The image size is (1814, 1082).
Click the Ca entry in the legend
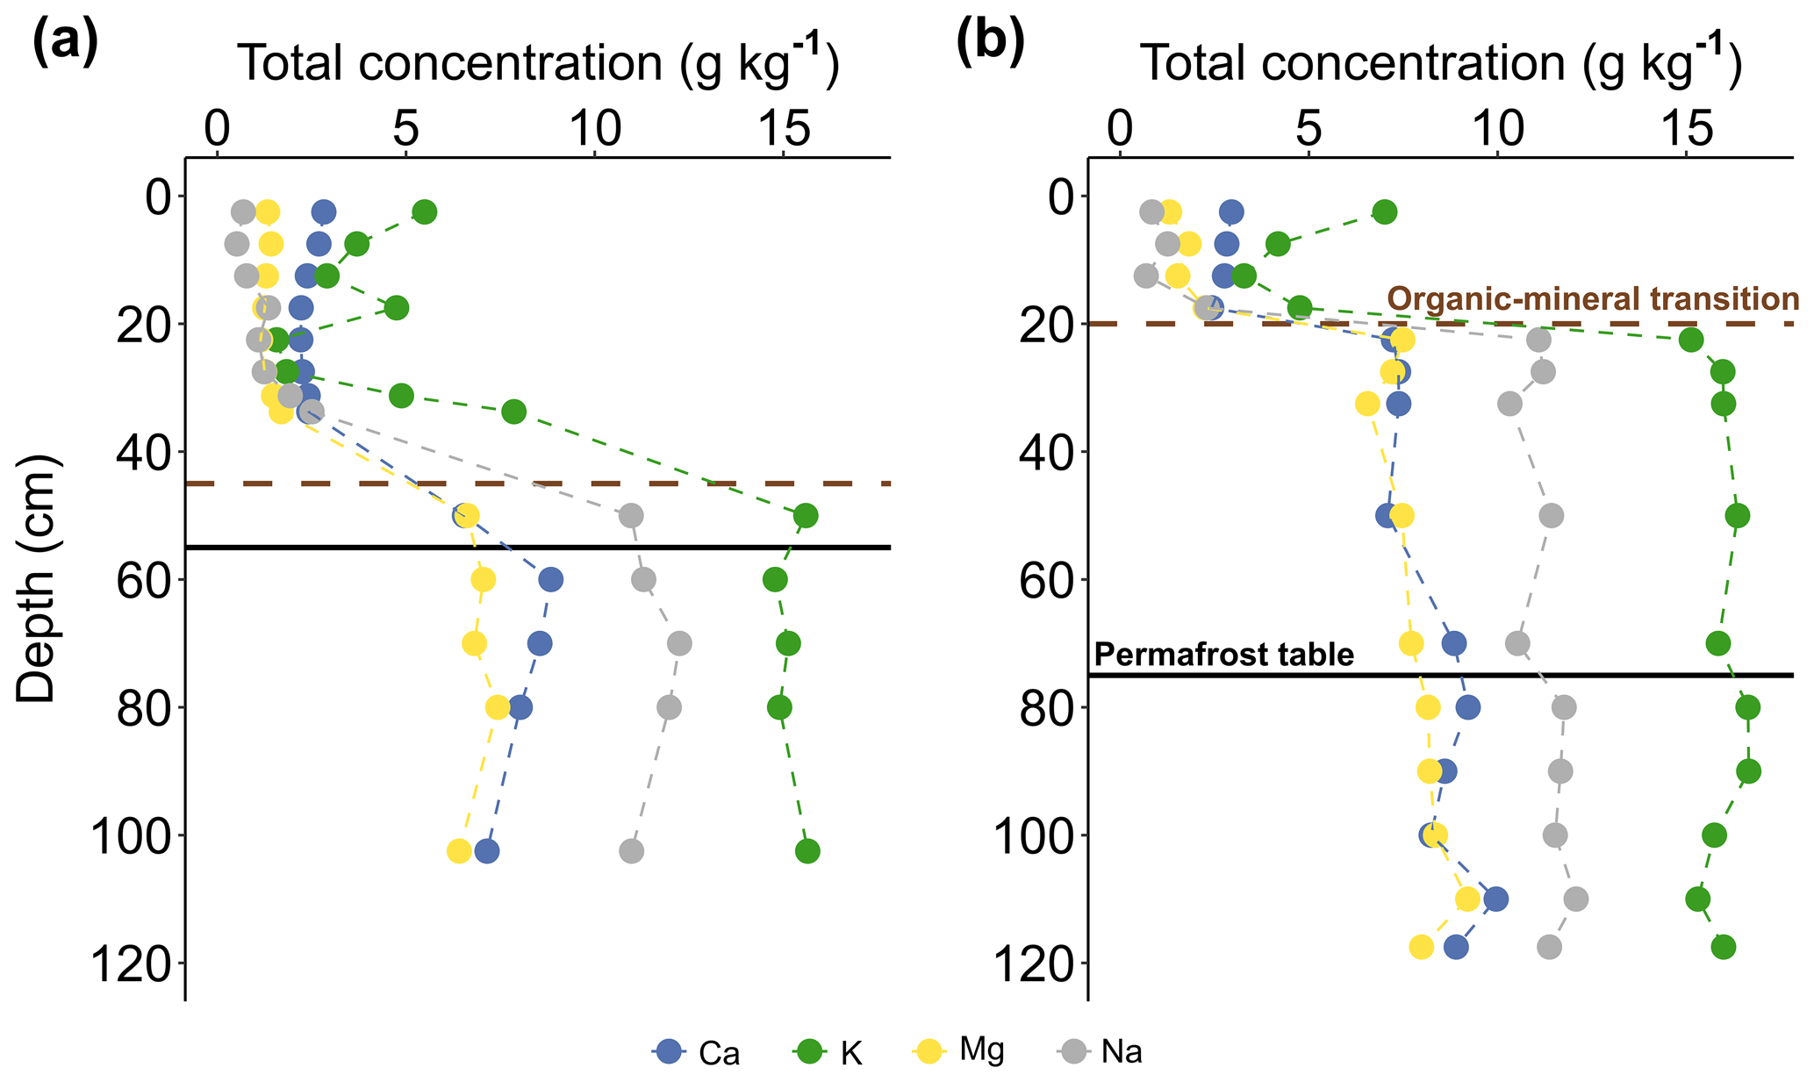tap(697, 1051)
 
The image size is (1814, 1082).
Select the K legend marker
tap(807, 1051)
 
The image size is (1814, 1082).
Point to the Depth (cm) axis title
tap(37, 579)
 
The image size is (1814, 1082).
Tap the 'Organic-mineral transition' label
tap(1592, 299)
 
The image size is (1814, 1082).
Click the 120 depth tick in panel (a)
tap(132, 964)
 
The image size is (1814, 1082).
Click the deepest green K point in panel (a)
tap(807, 850)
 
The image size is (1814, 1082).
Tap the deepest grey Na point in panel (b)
tap(1549, 947)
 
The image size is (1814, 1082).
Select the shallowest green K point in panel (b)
tap(1385, 211)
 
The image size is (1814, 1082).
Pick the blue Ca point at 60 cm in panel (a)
tap(550, 579)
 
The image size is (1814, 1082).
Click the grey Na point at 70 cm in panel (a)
tap(679, 643)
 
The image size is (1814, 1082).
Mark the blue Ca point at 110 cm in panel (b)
tap(1496, 899)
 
